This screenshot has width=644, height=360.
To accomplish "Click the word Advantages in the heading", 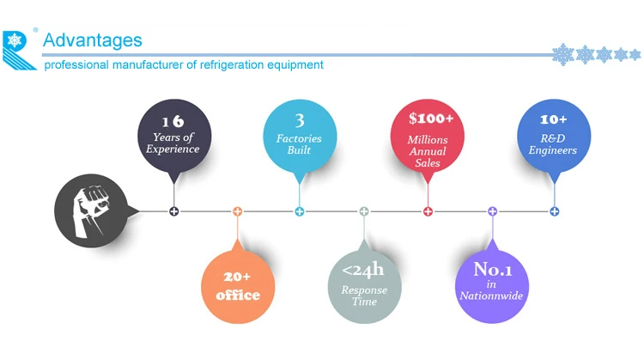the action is pos(92,40).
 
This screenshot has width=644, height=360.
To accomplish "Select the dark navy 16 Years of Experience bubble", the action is pos(175,135).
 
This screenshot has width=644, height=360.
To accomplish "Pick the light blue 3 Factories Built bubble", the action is pos(300,135).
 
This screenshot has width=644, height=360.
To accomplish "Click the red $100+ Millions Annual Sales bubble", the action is pos(428,135).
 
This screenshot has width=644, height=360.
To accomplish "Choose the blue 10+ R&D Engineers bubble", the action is pos(554,135).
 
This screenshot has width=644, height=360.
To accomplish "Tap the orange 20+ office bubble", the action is pos(238,284).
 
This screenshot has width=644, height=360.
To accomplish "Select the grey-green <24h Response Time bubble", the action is pos(364,284).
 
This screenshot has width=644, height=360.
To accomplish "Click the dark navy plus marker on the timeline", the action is pos(174,211).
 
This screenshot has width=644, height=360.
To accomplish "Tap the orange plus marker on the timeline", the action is pos(238,211).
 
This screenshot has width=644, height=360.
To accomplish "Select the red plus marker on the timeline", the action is pos(428,211).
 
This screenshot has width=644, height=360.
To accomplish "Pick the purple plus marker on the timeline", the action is pos(492,211).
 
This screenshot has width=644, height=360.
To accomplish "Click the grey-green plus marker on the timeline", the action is pos(364,211).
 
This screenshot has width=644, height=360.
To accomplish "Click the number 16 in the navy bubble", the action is pos(175,119).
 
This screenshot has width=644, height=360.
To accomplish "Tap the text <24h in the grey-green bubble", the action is pos(364,272).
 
